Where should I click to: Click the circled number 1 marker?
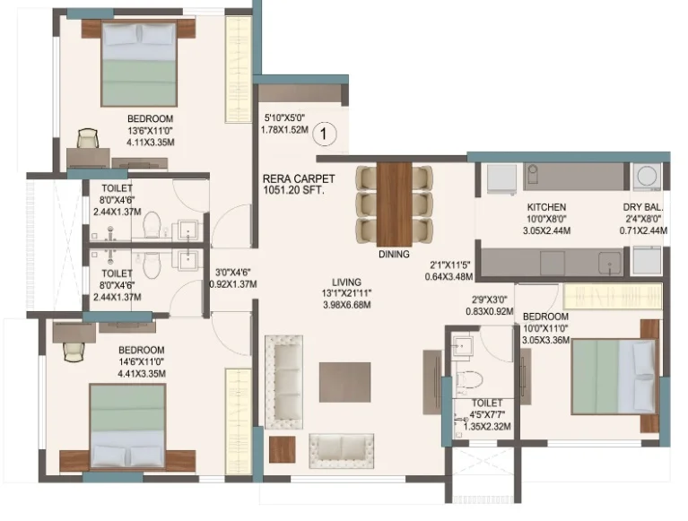click(324, 134)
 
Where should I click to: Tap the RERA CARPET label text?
click(299, 179)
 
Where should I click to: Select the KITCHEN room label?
click(546, 207)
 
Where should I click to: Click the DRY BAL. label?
click(643, 207)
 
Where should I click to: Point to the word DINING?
click(394, 254)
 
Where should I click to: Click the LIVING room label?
click(346, 282)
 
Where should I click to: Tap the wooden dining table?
click(394, 204)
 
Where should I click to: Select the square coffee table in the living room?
click(344, 382)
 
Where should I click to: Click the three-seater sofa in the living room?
click(283, 382)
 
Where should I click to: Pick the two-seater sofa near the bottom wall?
click(342, 451)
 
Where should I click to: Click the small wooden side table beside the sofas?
click(283, 449)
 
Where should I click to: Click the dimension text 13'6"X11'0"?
click(151, 130)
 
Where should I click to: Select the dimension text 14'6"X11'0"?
click(142, 361)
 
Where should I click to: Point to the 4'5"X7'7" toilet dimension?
click(487, 414)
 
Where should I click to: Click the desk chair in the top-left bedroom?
click(88, 139)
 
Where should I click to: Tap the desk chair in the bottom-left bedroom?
click(74, 352)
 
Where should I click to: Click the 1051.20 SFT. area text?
click(293, 190)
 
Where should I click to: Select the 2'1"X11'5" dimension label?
click(449, 265)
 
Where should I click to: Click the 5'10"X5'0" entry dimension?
click(284, 117)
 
